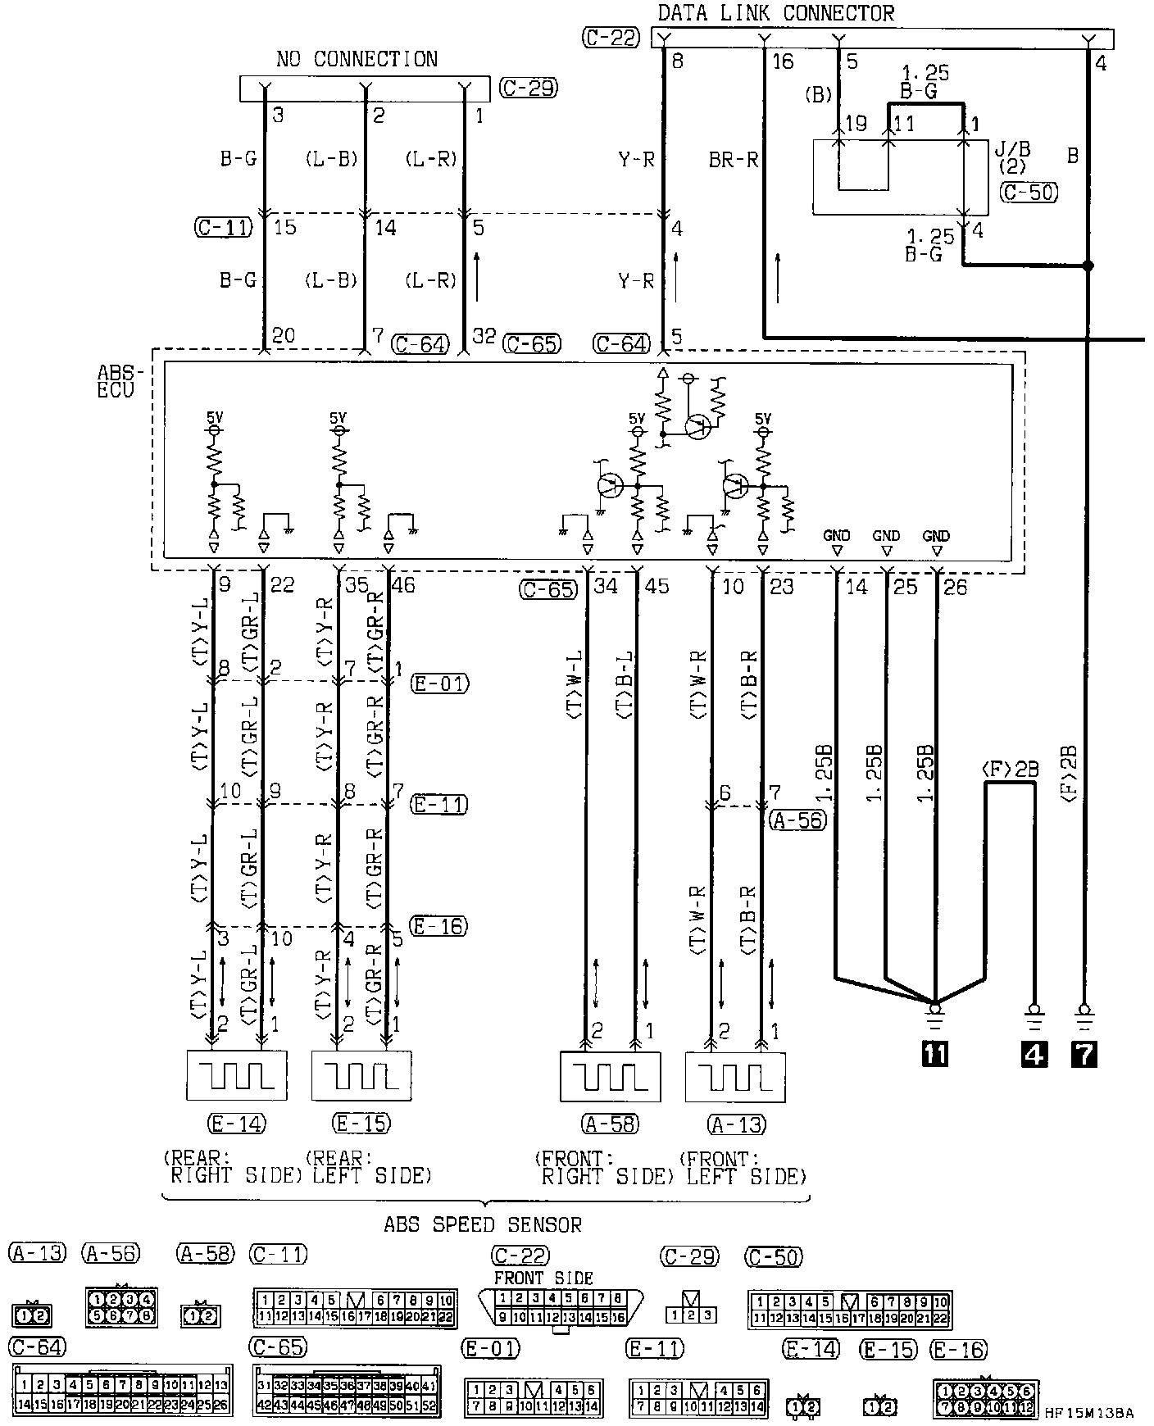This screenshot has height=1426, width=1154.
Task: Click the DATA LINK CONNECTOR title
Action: pyautogui.click(x=776, y=13)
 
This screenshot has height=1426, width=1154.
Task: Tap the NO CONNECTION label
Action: pyautogui.click(x=357, y=59)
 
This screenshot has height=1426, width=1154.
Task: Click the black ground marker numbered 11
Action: pyautogui.click(x=934, y=1054)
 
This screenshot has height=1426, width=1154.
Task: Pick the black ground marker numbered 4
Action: pyautogui.click(x=1034, y=1054)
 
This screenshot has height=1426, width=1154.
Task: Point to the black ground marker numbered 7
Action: pyautogui.click(x=1084, y=1054)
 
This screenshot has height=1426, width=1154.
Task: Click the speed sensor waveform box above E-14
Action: pyautogui.click(x=237, y=1075)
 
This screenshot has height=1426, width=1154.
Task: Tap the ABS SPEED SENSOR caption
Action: pyautogui.click(x=483, y=1224)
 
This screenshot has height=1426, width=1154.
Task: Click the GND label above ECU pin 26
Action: pyautogui.click(x=936, y=536)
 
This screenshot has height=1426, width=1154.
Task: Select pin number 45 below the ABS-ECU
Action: pyautogui.click(x=657, y=586)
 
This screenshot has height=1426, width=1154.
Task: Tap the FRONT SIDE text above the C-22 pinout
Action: pyautogui.click(x=543, y=1278)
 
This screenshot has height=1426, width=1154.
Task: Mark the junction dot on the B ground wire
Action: pyautogui.click(x=1088, y=266)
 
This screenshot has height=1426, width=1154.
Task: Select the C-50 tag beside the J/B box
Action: pyautogui.click(x=1029, y=193)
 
